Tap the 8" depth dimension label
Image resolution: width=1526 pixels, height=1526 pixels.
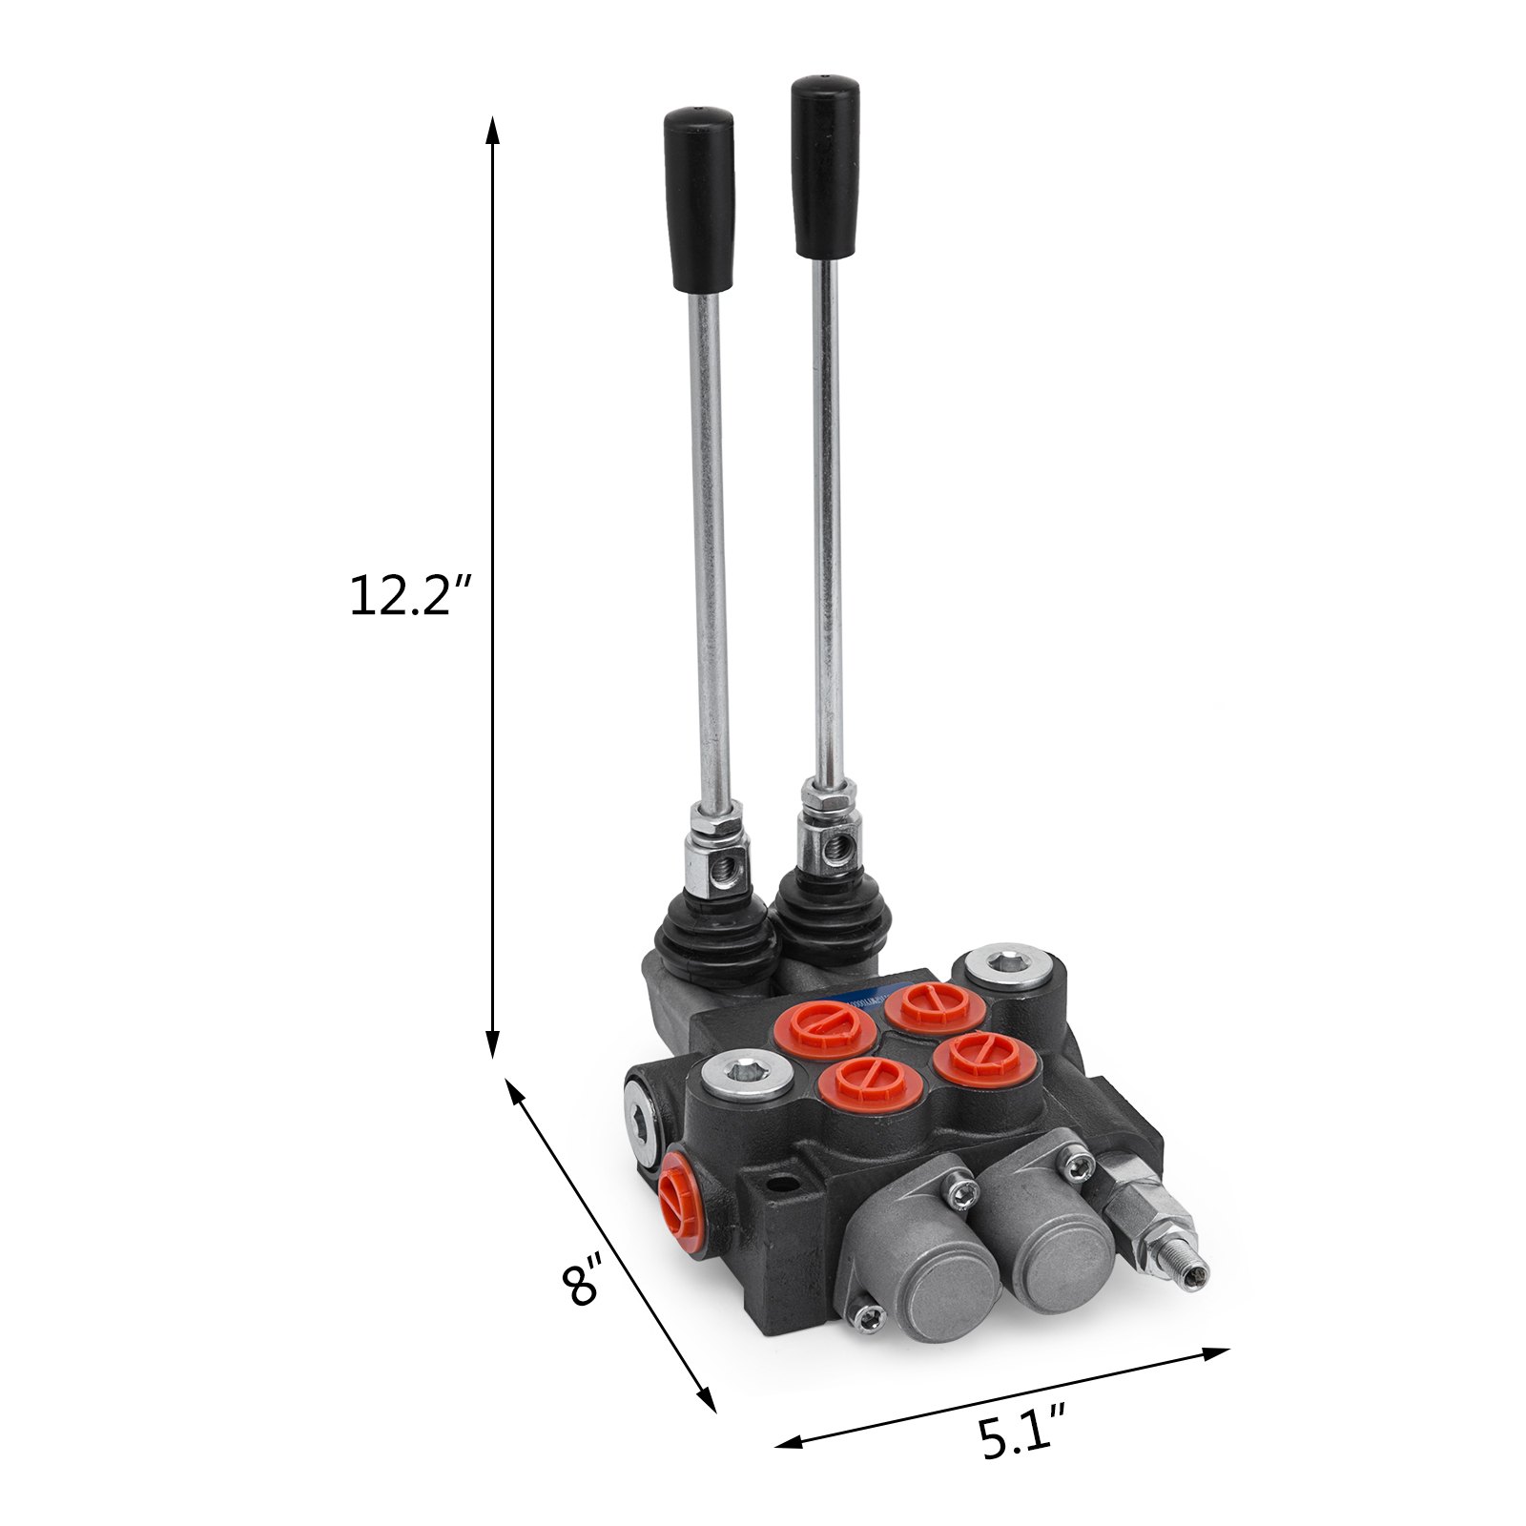pyautogui.click(x=583, y=1283)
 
